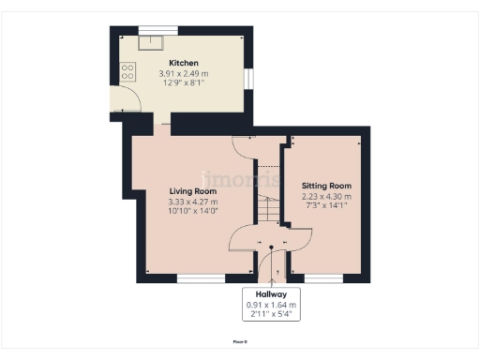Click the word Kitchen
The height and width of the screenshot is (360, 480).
point(184,63)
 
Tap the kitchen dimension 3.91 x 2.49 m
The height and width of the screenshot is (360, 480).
point(184,73)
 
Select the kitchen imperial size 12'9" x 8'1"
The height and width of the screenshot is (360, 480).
point(184,82)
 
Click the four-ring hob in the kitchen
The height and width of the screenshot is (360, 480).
point(126,70)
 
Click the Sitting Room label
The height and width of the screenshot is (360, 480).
point(326,186)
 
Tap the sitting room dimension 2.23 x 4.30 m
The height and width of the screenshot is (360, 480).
point(326,196)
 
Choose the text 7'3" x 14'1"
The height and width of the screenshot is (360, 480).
point(326,205)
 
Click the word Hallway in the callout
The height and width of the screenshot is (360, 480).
point(271,293)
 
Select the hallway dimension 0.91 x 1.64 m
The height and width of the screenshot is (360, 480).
point(271,305)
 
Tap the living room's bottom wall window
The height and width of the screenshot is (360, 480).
point(201,277)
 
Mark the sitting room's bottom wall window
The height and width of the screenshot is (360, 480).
point(322,277)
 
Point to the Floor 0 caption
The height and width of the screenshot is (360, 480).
point(240,341)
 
